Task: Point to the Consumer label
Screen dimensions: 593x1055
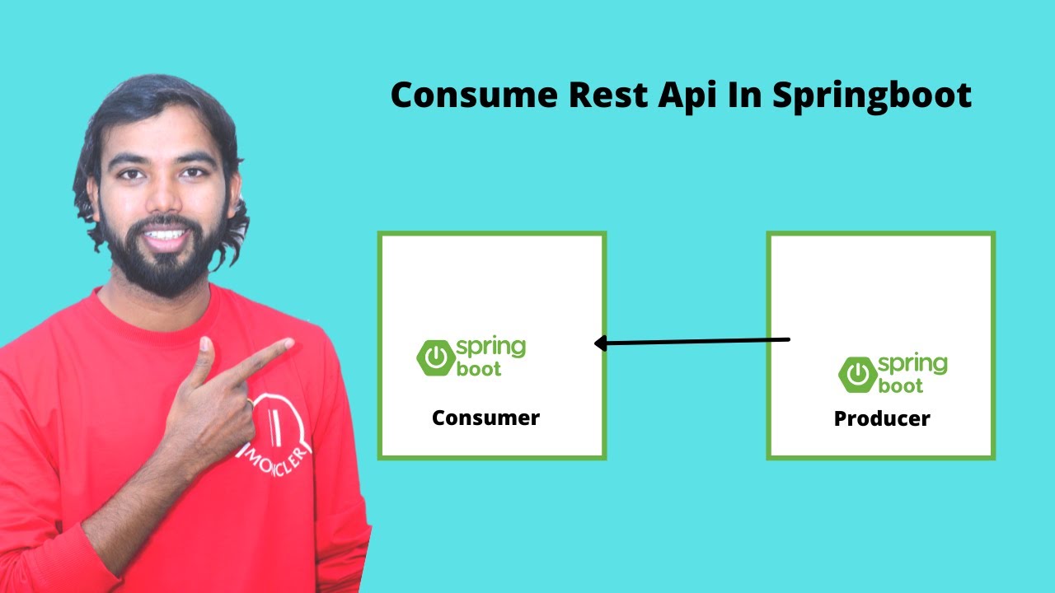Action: tap(485, 418)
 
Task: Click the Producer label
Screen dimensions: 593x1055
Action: tap(882, 418)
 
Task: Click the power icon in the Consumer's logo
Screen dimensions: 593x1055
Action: tap(435, 358)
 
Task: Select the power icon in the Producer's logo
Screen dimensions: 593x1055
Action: tap(857, 375)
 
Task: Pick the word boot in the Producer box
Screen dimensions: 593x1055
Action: tap(901, 385)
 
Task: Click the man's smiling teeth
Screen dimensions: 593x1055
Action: tap(166, 235)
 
